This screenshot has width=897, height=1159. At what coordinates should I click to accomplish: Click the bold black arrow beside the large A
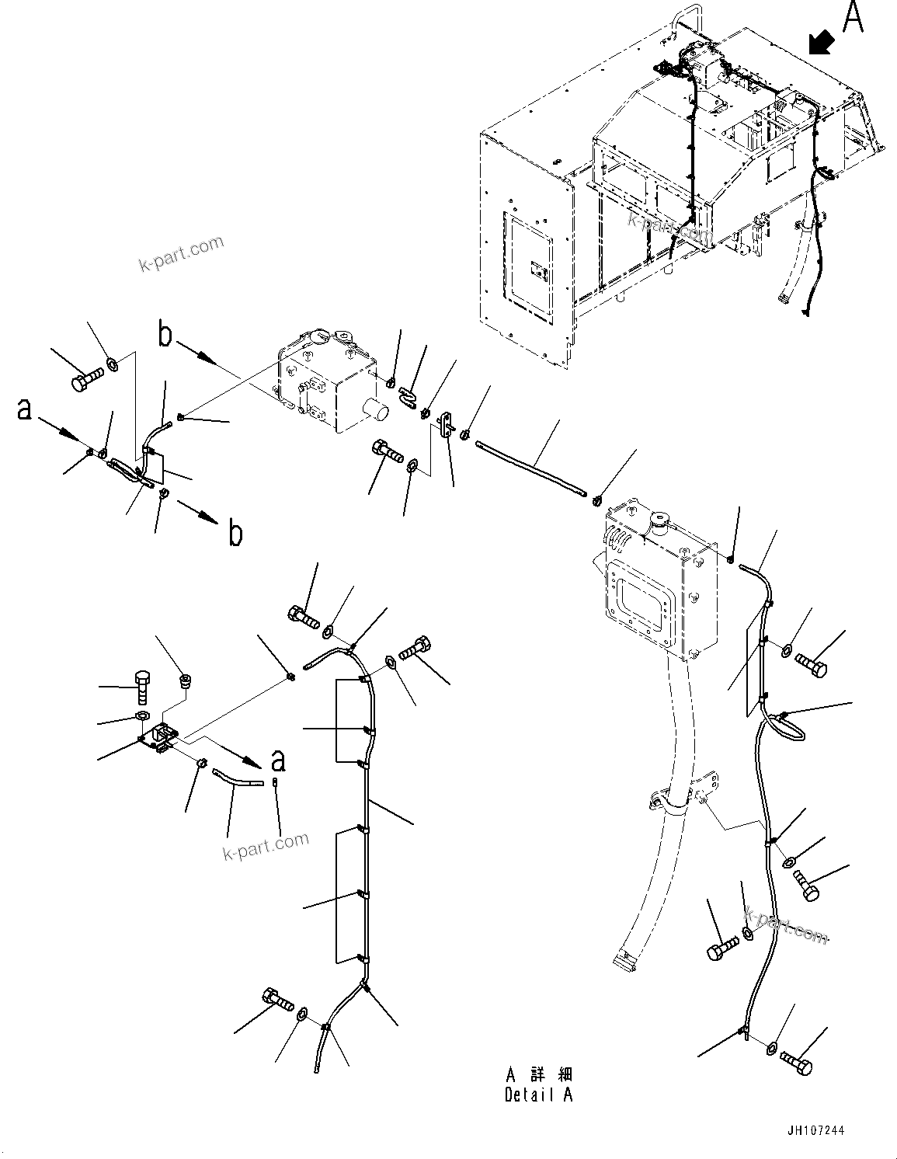[x=821, y=44]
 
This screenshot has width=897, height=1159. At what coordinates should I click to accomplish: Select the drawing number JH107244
[x=815, y=1131]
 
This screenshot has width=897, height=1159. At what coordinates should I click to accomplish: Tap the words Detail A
[x=538, y=1095]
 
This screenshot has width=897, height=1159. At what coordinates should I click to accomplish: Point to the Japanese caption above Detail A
[x=539, y=1074]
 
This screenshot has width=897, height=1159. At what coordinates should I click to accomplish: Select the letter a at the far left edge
[x=25, y=409]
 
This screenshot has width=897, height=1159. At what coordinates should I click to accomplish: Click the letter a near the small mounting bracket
[x=277, y=760]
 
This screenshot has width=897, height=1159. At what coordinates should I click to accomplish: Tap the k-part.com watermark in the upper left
[x=181, y=255]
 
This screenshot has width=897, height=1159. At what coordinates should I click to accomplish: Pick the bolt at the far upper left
[x=86, y=381]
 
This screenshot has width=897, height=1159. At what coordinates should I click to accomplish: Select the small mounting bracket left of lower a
[x=162, y=736]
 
